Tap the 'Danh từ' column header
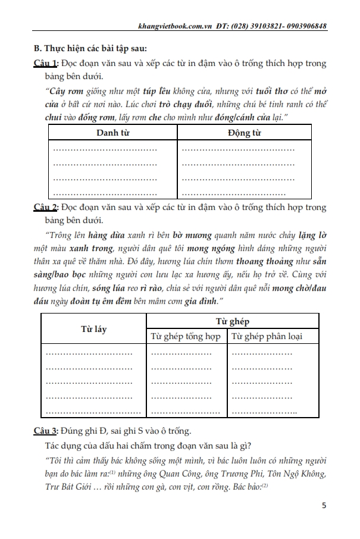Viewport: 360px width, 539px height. click(112, 132)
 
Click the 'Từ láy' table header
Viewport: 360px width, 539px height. click(93, 328)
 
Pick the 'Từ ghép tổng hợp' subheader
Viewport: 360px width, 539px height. click(186, 336)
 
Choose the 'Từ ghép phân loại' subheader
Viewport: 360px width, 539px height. click(267, 336)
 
